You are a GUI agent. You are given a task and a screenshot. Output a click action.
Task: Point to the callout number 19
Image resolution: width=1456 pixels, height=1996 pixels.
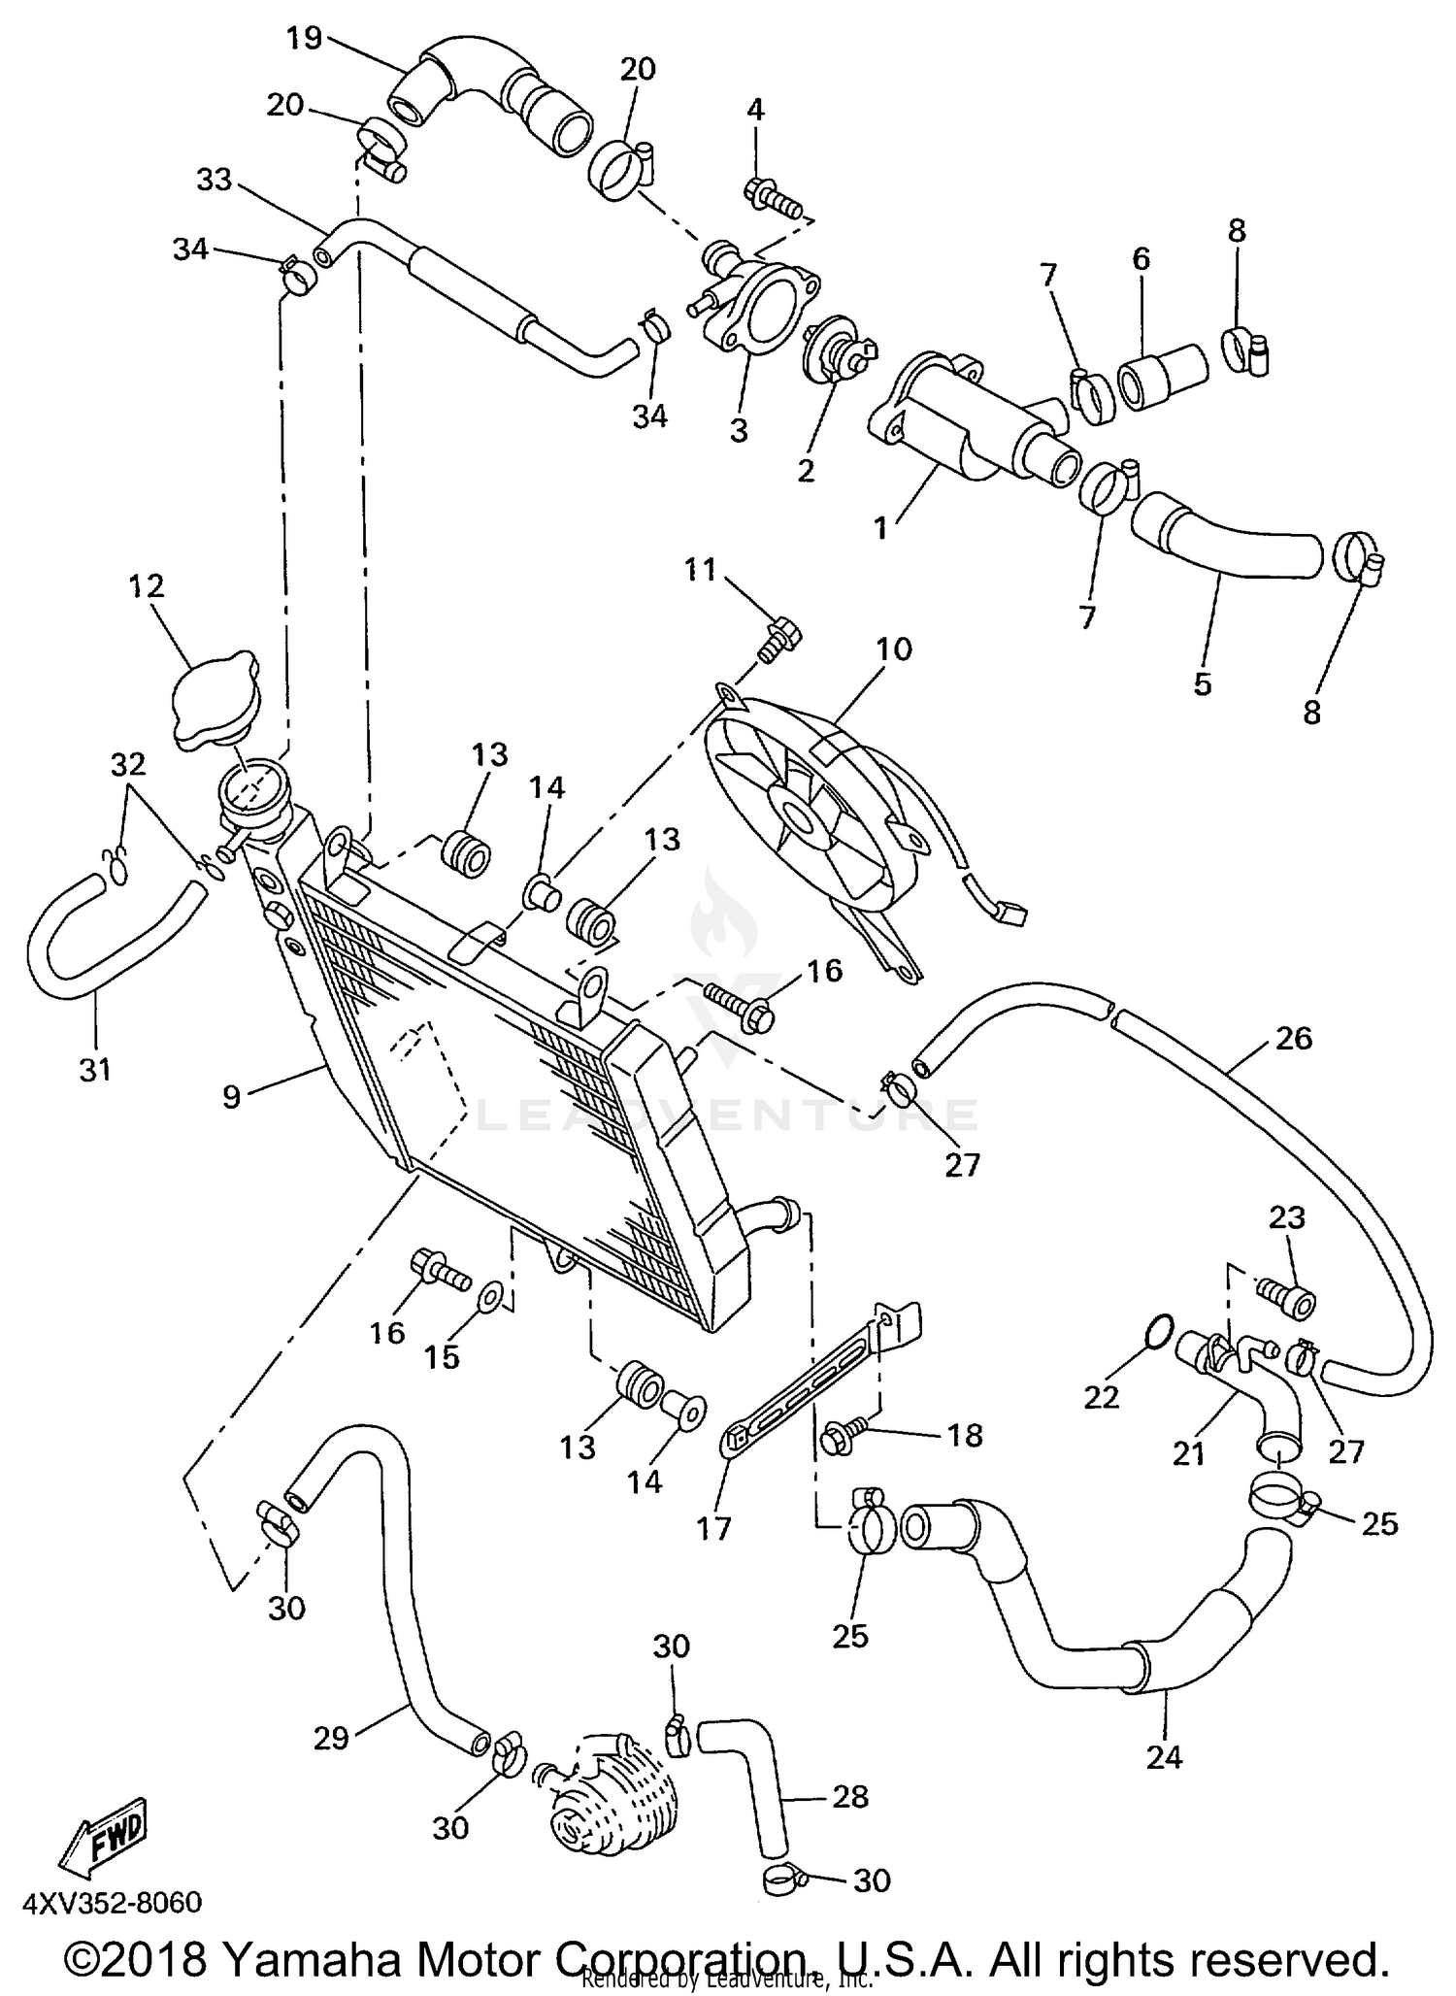point(304,39)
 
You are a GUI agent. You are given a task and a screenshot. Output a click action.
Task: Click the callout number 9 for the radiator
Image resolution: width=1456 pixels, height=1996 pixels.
point(231,1097)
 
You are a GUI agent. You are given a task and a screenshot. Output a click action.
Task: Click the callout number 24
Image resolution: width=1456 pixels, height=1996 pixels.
point(1164,1756)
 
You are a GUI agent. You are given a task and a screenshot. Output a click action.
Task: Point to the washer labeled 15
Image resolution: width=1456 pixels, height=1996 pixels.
point(490,1293)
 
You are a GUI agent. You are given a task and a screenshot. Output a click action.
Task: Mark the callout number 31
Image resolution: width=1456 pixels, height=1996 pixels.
point(95,1070)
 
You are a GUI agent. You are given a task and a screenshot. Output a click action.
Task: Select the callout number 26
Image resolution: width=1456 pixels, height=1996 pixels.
point(1294,1038)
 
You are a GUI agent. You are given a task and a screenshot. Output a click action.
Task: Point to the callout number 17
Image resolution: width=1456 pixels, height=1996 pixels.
point(713,1529)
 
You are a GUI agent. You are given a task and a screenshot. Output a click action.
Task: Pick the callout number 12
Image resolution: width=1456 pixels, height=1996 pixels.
point(145,585)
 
